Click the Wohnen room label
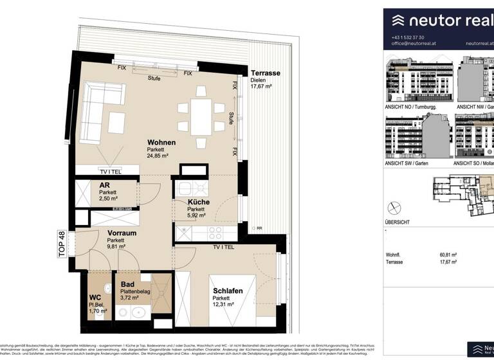coord(161,142)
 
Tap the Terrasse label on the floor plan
coord(265,74)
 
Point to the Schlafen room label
coord(228,291)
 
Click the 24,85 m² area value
coord(158,156)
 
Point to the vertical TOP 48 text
coord(62,244)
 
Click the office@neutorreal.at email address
coord(414,44)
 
